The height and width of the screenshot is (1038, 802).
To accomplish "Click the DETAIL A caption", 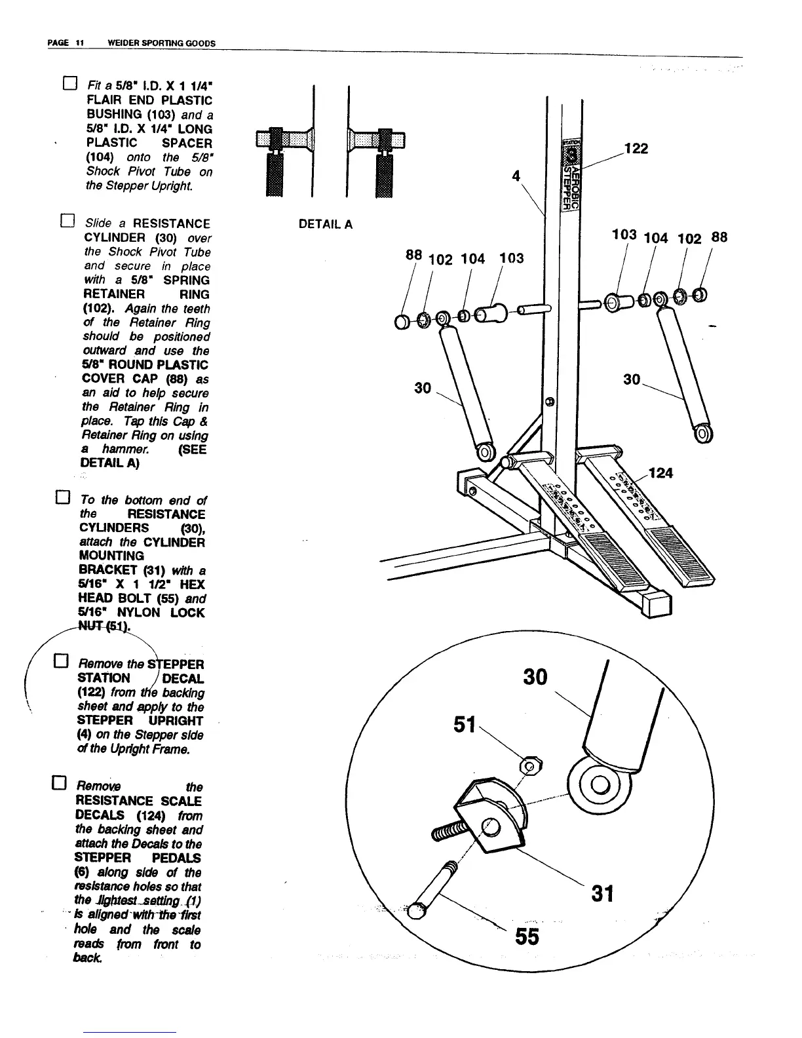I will pyautogui.click(x=325, y=225).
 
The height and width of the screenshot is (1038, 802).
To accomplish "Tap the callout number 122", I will pyautogui.click(x=636, y=149).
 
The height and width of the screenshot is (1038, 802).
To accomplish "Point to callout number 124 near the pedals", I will pyautogui.click(x=660, y=472).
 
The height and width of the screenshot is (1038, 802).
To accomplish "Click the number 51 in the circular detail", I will pyautogui.click(x=464, y=725).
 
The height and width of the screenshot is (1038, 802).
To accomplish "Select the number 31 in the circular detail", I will pyautogui.click(x=601, y=893).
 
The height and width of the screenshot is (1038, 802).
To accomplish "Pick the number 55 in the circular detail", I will pyautogui.click(x=526, y=937).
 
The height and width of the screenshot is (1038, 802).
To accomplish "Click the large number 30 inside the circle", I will pyautogui.click(x=535, y=676).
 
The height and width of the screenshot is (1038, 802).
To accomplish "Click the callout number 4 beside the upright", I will pyautogui.click(x=516, y=176).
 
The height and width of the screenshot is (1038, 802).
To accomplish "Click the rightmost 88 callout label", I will pyautogui.click(x=719, y=237).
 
